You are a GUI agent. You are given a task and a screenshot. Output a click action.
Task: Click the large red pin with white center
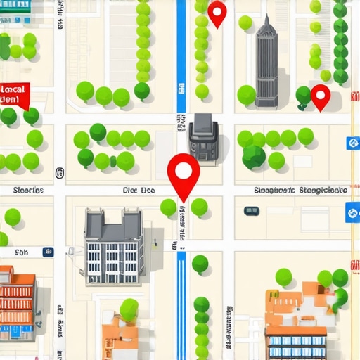click(184, 171)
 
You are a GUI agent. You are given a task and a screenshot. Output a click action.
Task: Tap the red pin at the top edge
click(217, 12)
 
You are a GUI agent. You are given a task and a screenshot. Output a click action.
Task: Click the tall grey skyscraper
click(266, 63)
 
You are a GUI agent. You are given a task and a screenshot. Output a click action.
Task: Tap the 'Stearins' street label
click(28, 190)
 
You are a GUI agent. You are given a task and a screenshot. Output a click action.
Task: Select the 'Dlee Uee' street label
click(138, 190)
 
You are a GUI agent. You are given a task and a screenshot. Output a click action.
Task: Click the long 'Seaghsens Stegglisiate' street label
click(300, 190)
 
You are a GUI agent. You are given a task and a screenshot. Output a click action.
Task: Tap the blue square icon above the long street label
click(352, 143)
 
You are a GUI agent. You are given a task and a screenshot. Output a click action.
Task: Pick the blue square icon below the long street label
click(352, 212)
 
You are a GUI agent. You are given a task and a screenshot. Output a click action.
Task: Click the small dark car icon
click(251, 210)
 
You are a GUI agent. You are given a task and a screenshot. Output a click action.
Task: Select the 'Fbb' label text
click(21, 251)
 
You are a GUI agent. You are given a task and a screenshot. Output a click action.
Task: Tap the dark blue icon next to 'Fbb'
click(47, 250)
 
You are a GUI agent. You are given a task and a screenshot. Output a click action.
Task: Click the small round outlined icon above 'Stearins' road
click(59, 172)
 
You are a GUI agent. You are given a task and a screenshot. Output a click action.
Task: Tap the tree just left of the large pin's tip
click(168, 207)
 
